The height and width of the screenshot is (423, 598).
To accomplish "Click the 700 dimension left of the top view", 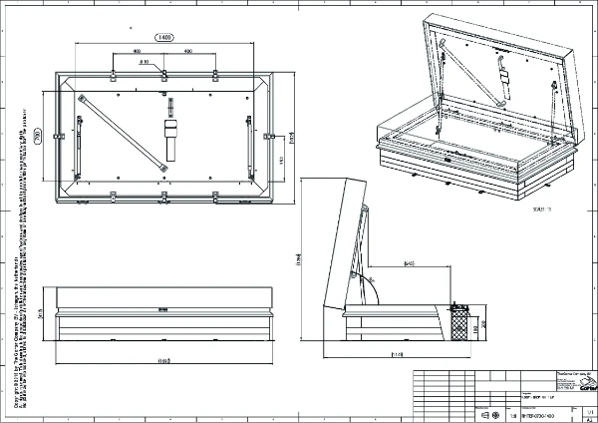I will [38, 138].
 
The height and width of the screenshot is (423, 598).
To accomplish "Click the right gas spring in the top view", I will [248, 136].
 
